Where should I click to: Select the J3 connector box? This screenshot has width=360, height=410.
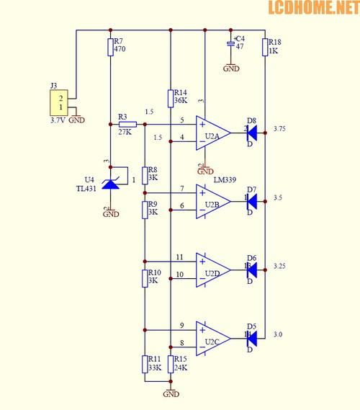(x=61, y=103)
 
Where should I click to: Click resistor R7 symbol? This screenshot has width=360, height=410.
(x=110, y=47)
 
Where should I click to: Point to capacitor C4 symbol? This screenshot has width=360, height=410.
(x=231, y=45)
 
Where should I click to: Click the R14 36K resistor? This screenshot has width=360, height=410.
(x=170, y=98)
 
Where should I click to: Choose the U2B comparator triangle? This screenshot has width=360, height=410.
(x=213, y=202)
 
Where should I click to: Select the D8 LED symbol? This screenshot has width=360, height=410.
(x=251, y=133)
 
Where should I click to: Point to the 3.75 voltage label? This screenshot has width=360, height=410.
(x=280, y=128)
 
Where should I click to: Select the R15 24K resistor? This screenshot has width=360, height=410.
(x=171, y=365)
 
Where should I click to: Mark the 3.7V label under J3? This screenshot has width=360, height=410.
(x=58, y=121)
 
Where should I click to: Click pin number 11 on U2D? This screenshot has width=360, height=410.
(x=180, y=257)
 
